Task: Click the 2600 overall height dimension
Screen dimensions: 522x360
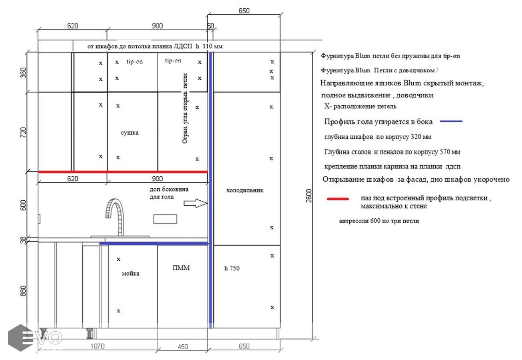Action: [309, 196]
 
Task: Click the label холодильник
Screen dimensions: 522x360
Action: [245, 190]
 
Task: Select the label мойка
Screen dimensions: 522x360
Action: [130, 273]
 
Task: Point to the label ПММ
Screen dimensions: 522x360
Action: [181, 268]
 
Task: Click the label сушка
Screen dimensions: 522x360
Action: [130, 133]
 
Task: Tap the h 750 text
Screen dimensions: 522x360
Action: [232, 268]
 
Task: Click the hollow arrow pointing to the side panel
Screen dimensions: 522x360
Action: [195, 203]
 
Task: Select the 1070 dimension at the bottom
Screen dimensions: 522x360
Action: [98, 346]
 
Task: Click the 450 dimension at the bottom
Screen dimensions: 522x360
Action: [183, 347]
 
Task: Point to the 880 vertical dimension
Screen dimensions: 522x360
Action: [23, 291]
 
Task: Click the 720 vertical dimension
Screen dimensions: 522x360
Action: [23, 132]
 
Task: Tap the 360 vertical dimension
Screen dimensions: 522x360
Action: [23, 73]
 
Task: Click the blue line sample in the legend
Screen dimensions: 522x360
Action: [451, 121]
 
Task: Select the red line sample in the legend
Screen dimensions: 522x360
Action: [338, 199]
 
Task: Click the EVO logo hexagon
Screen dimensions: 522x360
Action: [20, 338]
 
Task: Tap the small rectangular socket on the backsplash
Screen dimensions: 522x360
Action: [165, 219]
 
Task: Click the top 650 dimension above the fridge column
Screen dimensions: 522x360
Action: [244, 11]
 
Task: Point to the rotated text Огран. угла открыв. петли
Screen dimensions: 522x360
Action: [185, 108]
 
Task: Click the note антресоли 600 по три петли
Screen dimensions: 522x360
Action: [379, 221]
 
